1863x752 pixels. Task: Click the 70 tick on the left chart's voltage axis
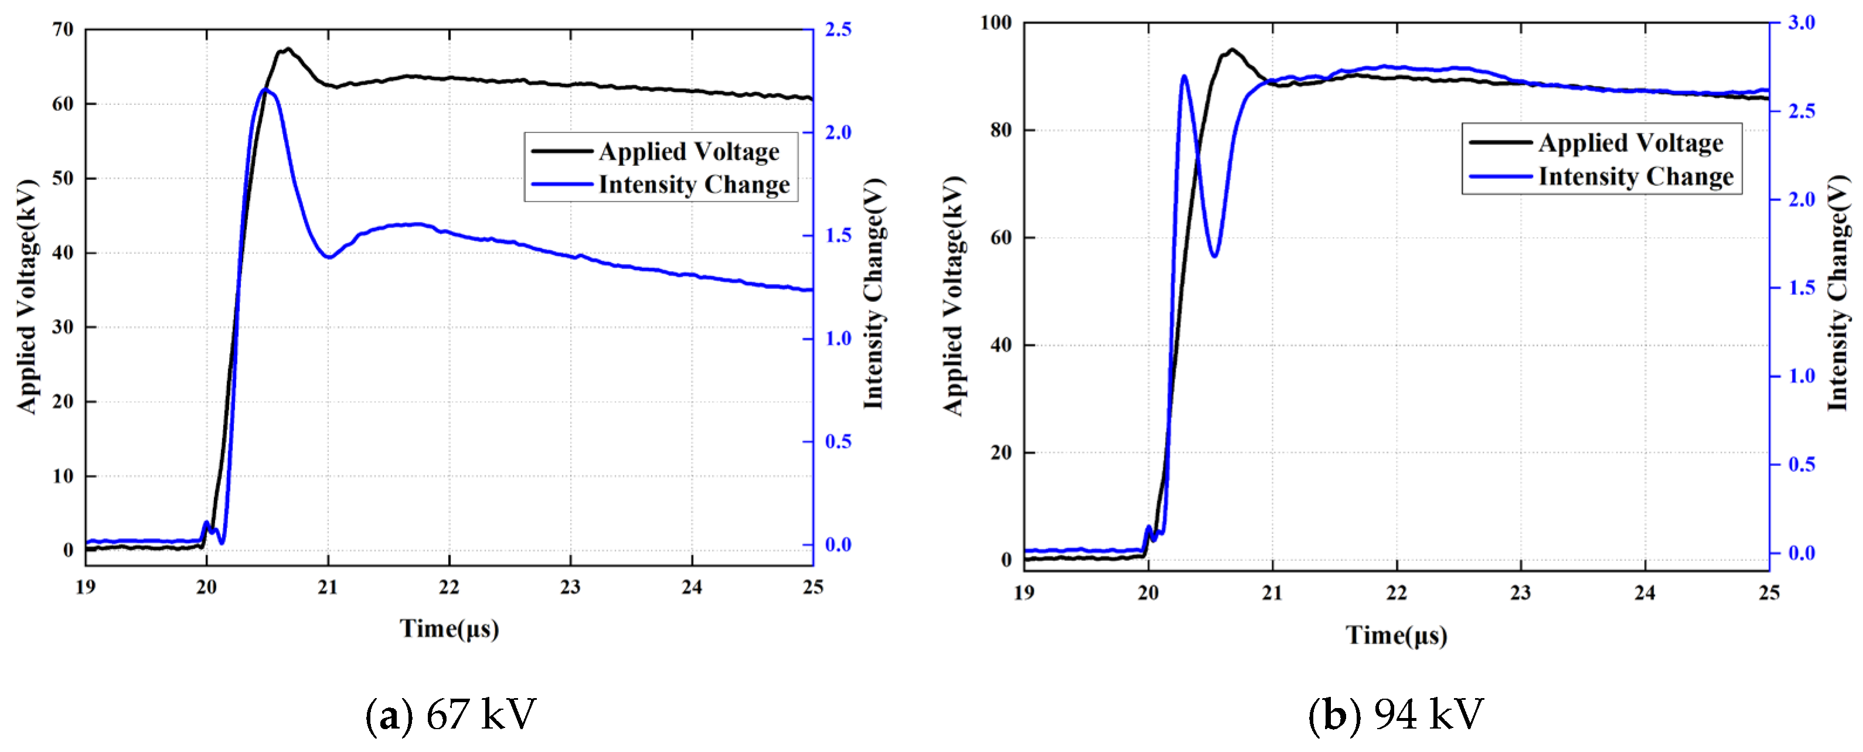[64, 30]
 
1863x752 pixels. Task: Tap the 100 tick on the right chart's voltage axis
[995, 22]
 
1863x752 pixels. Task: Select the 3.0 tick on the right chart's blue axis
[1801, 22]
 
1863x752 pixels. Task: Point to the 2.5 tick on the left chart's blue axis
[837, 30]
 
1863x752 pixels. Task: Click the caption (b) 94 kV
[1396, 714]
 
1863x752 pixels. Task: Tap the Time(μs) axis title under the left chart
[449, 628]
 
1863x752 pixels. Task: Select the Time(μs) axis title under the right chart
[1396, 635]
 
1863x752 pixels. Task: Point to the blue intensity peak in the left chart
[265, 89]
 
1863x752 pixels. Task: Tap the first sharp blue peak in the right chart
[1184, 76]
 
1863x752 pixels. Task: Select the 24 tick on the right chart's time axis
[1644, 593]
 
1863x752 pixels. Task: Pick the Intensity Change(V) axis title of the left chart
[874, 293]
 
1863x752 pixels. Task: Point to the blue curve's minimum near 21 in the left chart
[329, 257]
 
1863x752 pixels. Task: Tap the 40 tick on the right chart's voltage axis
[1001, 345]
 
